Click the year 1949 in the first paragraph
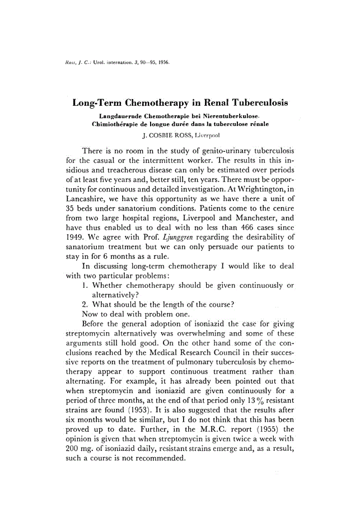pos(75,245)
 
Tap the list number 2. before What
pos(86,304)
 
